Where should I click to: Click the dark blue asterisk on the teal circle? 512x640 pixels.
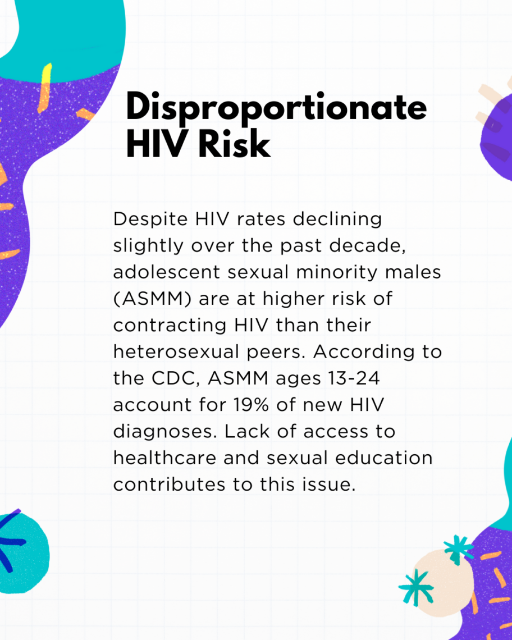(10, 542)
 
